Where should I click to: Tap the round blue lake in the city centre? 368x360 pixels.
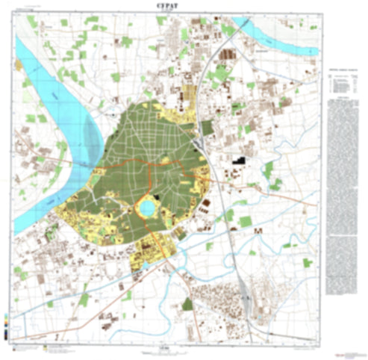(x=147, y=204)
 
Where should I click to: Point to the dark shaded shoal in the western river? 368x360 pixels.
(x=91, y=138)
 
